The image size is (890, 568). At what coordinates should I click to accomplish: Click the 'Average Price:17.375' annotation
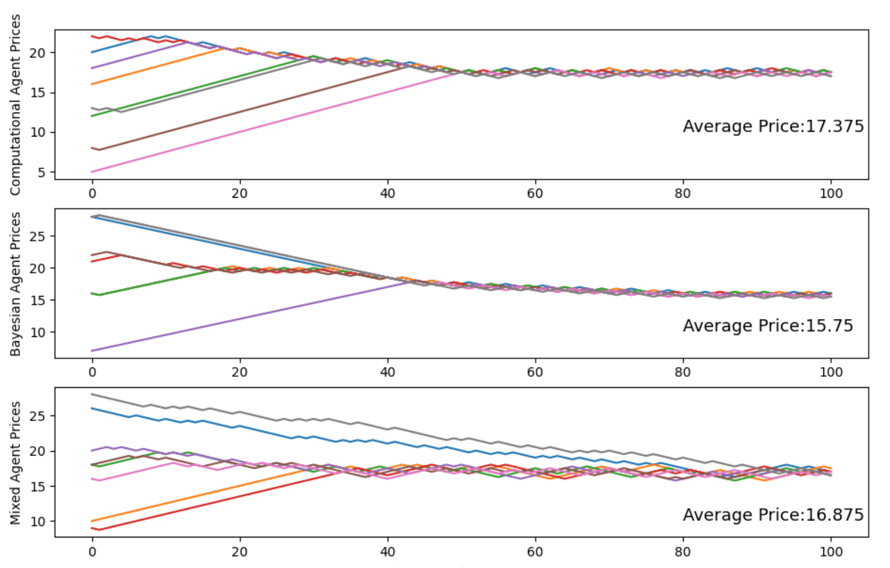[x=773, y=126]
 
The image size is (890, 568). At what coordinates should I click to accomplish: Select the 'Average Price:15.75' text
[x=768, y=326]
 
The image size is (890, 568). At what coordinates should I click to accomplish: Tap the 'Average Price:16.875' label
[x=773, y=514]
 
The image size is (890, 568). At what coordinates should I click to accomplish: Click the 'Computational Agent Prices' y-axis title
[x=15, y=104]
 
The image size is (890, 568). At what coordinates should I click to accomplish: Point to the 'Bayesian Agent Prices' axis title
[x=15, y=283]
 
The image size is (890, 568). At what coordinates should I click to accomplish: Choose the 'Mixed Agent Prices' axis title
[x=15, y=463]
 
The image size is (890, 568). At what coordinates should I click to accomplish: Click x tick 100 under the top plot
[x=830, y=193]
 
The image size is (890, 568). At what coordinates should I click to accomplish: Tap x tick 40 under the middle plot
[x=387, y=372]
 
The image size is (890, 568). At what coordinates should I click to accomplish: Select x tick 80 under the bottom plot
[x=683, y=552]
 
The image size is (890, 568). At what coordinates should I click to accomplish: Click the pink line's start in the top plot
[x=92, y=172]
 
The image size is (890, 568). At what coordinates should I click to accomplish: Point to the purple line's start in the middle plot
[x=92, y=351]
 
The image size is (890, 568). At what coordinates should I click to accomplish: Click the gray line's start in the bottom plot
[x=92, y=394]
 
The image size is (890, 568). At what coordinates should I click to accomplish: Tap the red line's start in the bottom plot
[x=92, y=528]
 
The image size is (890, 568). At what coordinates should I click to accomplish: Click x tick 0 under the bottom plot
[x=92, y=552]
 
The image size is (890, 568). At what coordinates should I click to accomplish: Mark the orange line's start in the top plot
[x=92, y=84]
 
